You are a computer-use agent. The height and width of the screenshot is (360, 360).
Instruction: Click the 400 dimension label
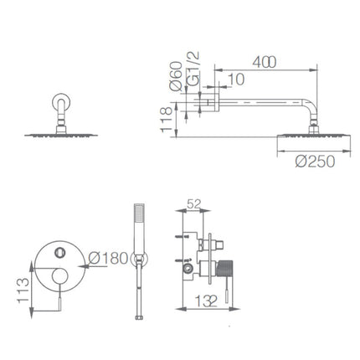click(264, 62)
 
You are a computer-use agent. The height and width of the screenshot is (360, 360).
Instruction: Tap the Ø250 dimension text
click(315, 162)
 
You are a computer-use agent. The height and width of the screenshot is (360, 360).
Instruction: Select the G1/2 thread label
click(193, 69)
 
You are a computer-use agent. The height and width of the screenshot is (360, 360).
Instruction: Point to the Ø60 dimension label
click(176, 76)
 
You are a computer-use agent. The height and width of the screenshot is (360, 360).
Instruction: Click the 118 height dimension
click(166, 120)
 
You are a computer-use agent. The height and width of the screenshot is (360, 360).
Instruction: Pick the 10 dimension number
click(236, 80)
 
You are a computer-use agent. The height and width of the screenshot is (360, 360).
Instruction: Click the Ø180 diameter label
click(108, 258)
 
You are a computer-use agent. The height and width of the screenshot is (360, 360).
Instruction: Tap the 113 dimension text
click(23, 291)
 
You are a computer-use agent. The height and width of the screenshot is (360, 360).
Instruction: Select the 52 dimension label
click(193, 203)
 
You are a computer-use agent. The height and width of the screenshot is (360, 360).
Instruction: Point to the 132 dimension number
click(206, 301)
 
